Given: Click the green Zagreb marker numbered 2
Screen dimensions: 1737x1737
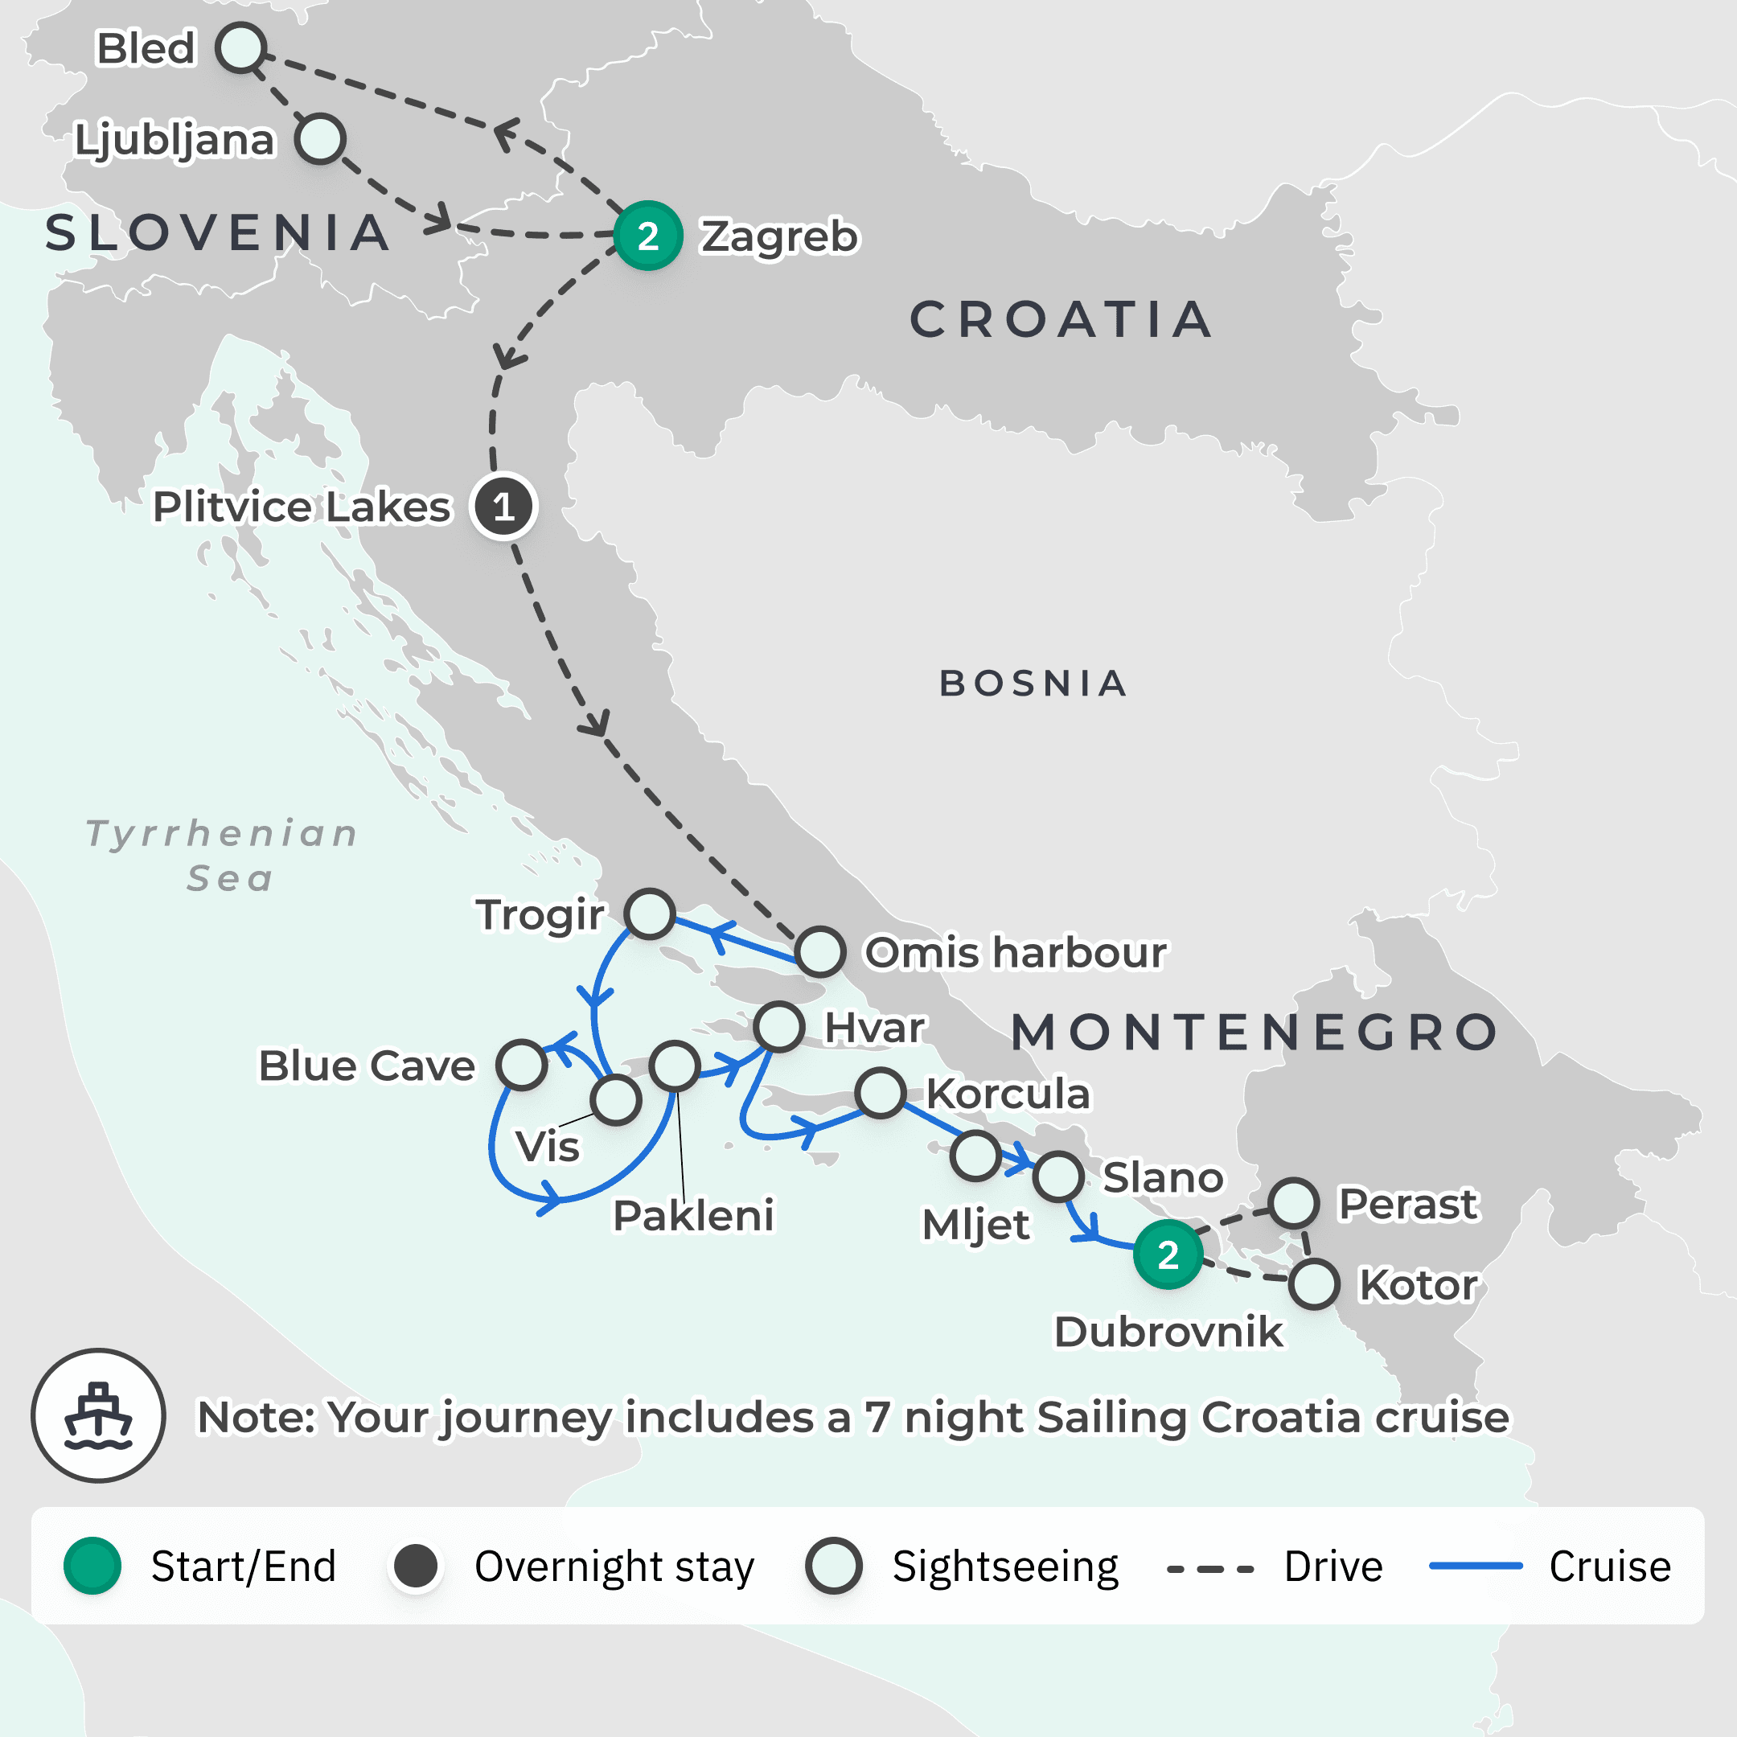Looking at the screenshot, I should point(647,236).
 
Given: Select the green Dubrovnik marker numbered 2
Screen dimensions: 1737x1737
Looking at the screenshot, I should point(1168,1255).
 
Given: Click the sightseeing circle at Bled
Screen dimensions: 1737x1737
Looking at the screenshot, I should point(241,47).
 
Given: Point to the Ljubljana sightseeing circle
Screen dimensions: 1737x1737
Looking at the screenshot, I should point(320,138).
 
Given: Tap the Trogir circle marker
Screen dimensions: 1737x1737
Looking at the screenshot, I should point(650,914).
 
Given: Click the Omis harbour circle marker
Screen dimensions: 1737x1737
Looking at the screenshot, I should point(820,952).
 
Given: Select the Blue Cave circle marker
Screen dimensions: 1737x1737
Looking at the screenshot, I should point(521,1066).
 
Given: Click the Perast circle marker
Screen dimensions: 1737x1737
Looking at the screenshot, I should point(1294,1203).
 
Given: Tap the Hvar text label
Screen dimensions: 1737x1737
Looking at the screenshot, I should point(874,1028).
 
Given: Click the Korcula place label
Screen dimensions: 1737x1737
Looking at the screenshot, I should point(1008,1094).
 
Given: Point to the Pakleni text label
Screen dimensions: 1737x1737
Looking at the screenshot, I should point(693,1216).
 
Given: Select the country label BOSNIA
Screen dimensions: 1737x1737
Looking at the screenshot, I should point(1033,684).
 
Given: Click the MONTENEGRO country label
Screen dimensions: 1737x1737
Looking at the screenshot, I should point(1255,1032).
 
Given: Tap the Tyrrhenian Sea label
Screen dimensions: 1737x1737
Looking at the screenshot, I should point(223,855).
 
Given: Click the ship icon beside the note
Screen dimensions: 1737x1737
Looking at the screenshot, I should point(99,1415).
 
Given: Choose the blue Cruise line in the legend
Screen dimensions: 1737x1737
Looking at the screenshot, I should point(1476,1567).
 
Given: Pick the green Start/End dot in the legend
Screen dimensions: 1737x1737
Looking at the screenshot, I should point(92,1567).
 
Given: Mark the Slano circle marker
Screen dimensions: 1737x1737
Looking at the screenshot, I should point(1058,1176).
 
